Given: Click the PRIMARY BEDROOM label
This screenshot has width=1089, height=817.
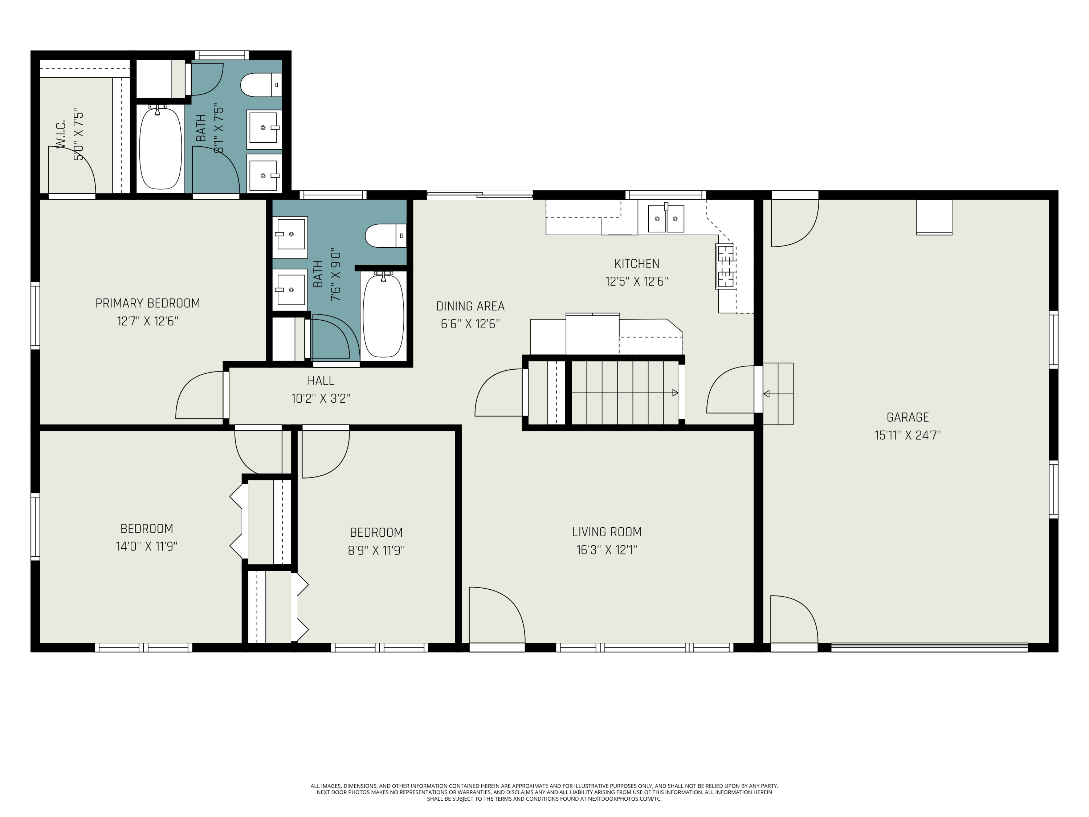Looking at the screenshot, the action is click(148, 303).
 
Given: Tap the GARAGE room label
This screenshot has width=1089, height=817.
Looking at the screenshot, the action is click(908, 418).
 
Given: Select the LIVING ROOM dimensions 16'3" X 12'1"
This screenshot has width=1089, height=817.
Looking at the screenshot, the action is click(607, 550).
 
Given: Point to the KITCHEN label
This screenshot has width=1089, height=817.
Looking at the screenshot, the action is click(637, 264).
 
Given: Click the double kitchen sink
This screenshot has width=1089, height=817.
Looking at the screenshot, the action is click(666, 218).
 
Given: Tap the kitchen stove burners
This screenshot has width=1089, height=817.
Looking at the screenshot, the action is click(726, 267).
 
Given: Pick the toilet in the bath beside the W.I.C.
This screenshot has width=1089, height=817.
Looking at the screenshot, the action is click(261, 85).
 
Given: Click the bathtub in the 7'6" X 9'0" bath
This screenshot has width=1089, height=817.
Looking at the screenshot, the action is click(384, 315).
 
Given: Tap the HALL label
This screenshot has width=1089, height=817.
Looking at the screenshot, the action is click(321, 381).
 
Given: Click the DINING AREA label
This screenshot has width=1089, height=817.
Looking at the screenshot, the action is click(471, 306).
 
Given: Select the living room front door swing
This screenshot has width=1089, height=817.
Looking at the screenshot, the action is click(497, 615).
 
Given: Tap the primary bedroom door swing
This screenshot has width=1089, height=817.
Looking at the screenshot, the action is click(199, 395).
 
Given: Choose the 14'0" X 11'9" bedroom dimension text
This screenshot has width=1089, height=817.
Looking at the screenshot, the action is click(147, 546).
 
